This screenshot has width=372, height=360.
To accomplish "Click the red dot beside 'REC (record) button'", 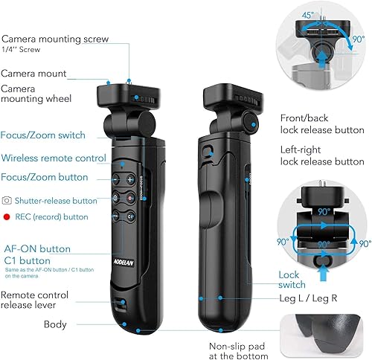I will point(7,216).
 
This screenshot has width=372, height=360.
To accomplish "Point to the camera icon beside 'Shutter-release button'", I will point(7,200).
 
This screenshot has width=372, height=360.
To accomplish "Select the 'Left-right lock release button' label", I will point(321,155).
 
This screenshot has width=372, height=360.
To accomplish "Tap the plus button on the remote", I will point(130,180).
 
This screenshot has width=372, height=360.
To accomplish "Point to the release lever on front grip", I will point(124,303).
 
